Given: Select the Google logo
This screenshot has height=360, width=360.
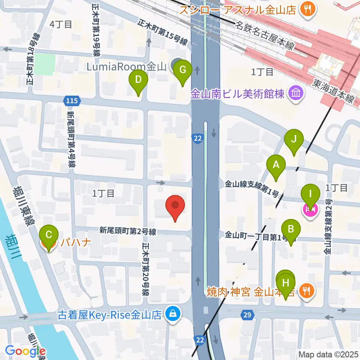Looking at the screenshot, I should [25, 351].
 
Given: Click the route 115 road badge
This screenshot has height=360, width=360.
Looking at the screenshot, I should [71, 100].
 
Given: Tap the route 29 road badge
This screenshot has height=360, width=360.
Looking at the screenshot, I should [247, 315].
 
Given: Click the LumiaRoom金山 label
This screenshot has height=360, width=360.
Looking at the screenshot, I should [121, 67].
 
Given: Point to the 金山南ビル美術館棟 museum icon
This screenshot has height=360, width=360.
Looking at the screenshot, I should [295, 92].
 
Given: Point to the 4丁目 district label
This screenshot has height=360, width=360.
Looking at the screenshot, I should [61, 25].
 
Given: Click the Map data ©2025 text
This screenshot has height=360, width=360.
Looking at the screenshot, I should [328, 354].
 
